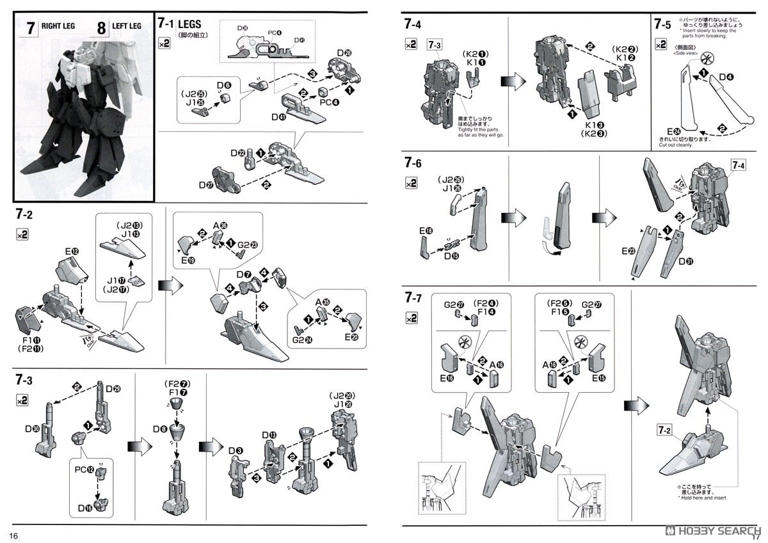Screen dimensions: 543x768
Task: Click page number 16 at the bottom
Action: [x=14, y=535]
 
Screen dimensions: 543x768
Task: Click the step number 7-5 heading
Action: [x=662, y=25]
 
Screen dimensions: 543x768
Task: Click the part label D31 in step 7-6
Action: [x=686, y=261]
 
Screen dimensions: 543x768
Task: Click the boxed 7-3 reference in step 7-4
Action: [x=435, y=45]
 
